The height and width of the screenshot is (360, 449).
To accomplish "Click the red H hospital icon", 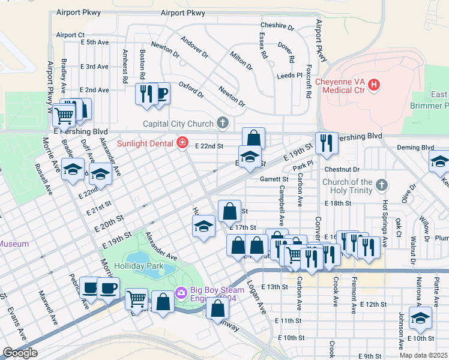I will pos(375,85).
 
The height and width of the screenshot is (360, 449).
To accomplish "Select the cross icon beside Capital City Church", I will pos(223,124).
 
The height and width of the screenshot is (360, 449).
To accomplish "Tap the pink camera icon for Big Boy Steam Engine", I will pos(180,293).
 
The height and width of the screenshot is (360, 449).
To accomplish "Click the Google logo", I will pos(20,353).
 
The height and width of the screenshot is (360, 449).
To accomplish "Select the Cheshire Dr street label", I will pos(277,26).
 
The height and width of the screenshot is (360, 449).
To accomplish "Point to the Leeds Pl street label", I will pos(290,76).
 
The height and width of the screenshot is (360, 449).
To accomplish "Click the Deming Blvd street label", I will pos(415,147).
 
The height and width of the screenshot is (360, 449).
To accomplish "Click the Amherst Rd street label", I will pos(125,66).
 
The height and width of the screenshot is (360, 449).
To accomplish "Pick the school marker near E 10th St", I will pos(420,319).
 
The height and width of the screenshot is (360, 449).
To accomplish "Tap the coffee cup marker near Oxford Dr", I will pos(160,94).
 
